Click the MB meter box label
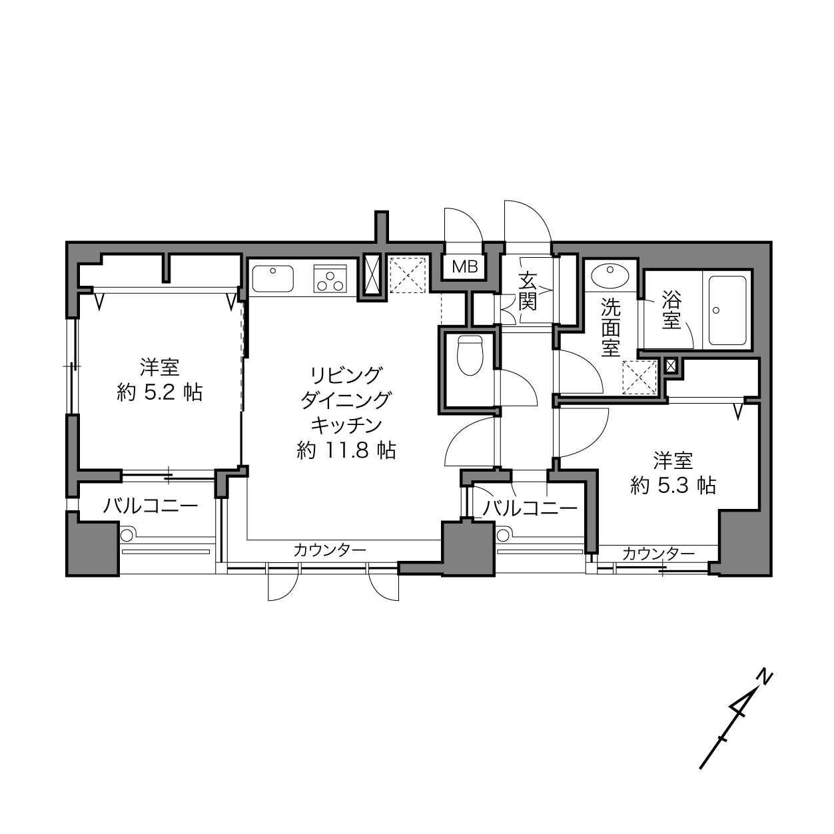click(464, 267)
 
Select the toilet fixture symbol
click(470, 355)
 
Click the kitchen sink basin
click(272, 278)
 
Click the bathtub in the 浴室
click(727, 310)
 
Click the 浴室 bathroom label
click(671, 310)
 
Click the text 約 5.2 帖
click(160, 392)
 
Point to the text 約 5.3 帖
click(673, 485)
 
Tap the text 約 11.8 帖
click(346, 450)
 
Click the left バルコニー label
click(151, 506)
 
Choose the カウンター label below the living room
click(330, 550)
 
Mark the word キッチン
click(346, 426)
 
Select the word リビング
click(346, 375)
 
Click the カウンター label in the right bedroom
click(659, 553)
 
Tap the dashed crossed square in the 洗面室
click(639, 378)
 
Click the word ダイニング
click(346, 400)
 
